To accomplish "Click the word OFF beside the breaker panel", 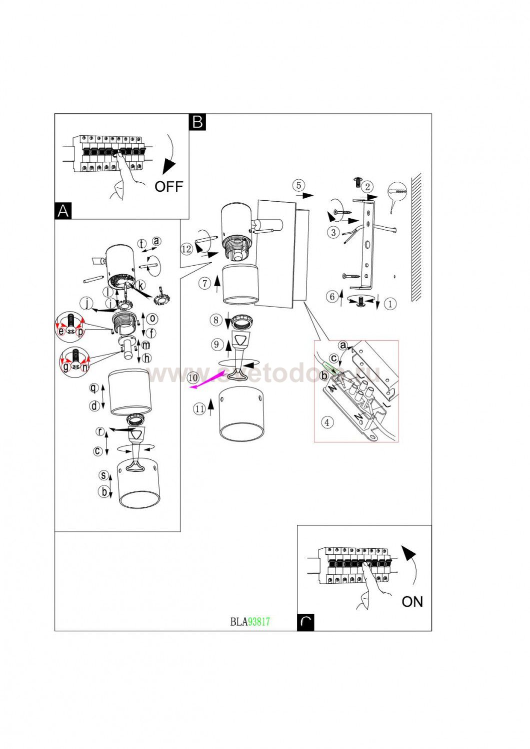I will [168, 187].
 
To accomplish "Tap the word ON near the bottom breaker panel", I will [412, 602].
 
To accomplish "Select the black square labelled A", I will [63, 211].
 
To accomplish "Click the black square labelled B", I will [197, 122].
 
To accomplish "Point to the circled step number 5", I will [298, 185].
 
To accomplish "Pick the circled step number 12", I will [186, 249].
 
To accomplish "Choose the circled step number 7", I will [204, 284].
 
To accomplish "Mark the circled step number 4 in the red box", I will [326, 422].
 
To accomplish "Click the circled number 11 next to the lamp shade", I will [199, 409].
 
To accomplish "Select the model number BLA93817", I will [250, 621].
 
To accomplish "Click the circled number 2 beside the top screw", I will [367, 187].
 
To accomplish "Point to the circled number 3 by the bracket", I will [333, 232].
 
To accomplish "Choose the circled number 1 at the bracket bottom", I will [390, 303].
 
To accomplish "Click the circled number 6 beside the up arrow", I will [332, 297].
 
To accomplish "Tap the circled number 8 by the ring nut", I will [215, 320].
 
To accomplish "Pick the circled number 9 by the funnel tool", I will [216, 345].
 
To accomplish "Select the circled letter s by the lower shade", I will [103, 475].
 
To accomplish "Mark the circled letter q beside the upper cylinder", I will [93, 388].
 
